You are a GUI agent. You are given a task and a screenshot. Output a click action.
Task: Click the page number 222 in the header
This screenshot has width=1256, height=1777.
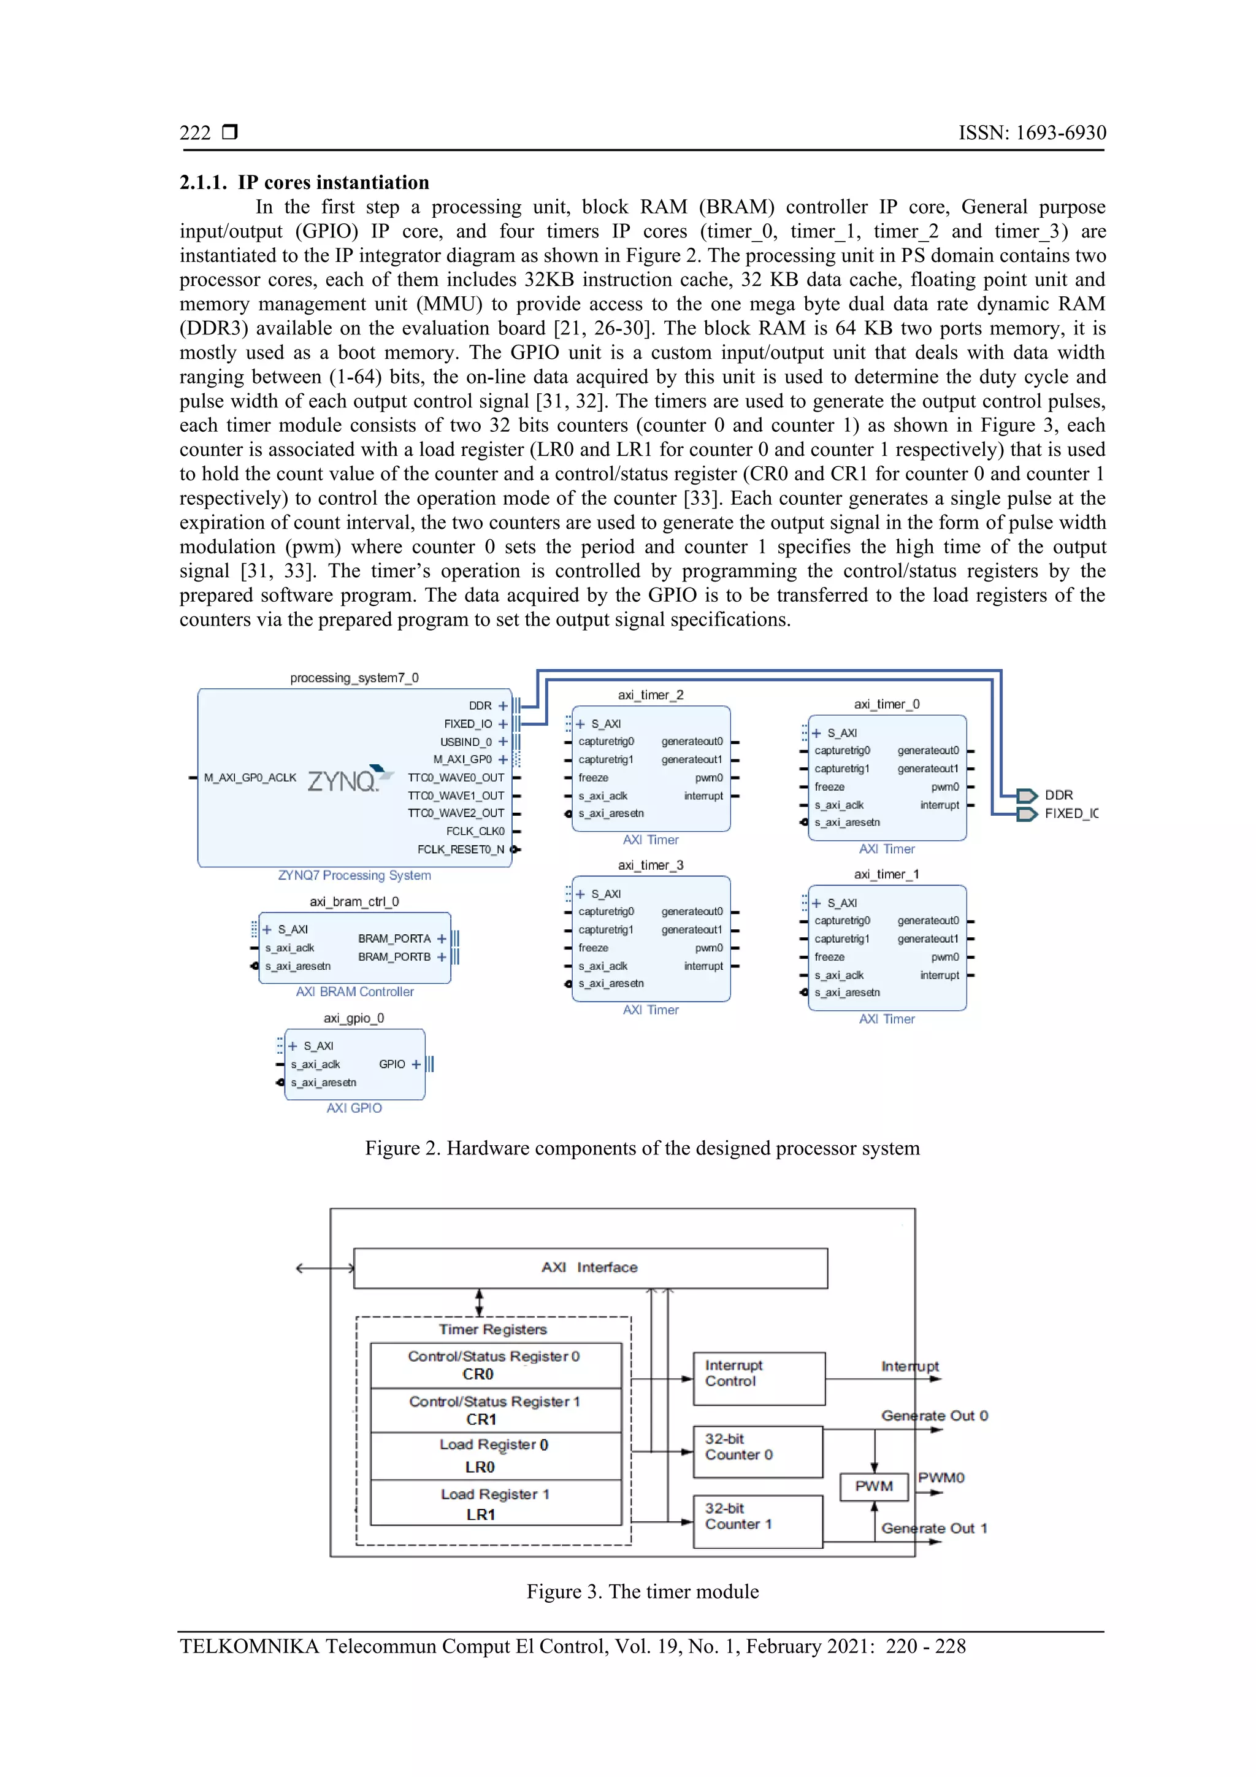coord(195,133)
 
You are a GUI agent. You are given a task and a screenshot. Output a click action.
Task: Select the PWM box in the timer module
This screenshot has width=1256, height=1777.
coord(874,1486)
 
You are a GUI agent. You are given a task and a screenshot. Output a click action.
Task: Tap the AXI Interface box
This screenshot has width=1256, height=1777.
coord(590,1268)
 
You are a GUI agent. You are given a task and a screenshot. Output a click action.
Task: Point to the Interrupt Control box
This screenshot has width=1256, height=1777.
coord(759,1378)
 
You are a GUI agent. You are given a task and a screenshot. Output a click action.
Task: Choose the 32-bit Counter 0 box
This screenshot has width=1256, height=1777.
coord(757,1451)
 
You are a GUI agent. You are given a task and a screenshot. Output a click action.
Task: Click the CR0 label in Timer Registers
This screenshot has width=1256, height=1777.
coord(478,1374)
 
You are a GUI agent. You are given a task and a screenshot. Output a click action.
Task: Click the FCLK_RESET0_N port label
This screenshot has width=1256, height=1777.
coord(461,849)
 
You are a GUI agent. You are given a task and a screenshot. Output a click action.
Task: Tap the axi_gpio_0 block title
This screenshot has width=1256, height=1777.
coord(354,1018)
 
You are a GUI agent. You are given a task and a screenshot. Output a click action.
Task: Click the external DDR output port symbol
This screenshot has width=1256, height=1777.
coord(1026,795)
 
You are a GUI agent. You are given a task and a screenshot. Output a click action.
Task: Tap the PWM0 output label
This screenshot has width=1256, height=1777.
coord(941,1478)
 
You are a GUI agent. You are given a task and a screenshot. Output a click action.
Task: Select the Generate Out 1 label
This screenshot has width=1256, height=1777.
coord(934,1528)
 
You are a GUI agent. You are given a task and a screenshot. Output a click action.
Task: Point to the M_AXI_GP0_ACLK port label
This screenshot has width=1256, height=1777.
coord(250,777)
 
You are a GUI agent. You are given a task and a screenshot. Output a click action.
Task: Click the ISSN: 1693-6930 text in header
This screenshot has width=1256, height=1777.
coord(1032,133)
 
